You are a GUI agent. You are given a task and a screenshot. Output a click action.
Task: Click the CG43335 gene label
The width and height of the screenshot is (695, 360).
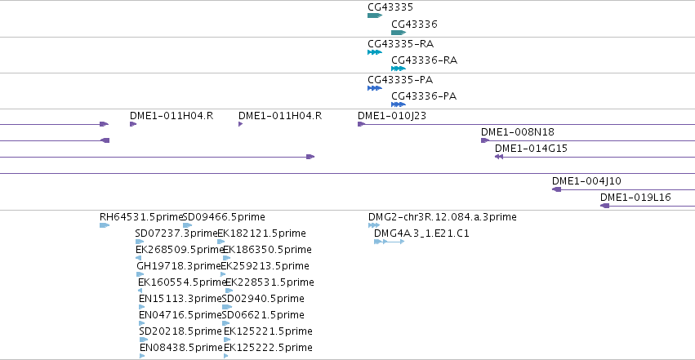[390, 7]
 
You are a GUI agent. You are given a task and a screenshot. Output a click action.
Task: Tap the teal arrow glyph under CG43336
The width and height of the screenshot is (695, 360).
[399, 33]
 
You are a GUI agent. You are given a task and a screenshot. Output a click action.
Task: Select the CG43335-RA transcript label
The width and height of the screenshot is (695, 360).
[401, 44]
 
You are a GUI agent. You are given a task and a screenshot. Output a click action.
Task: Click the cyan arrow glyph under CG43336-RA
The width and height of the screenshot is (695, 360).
[399, 69]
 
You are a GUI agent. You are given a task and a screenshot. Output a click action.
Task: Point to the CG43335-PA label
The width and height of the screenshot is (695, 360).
[400, 80]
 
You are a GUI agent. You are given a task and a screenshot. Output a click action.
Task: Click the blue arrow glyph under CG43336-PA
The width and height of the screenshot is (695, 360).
[399, 104]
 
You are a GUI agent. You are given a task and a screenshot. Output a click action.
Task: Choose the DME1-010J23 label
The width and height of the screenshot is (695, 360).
[392, 116]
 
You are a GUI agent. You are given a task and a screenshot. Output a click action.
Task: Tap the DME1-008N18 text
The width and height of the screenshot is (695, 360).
[517, 132]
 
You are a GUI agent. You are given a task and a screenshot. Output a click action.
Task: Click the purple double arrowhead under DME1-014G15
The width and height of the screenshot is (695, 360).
[499, 157]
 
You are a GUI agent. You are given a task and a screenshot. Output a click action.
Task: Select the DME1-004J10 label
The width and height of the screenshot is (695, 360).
[586, 181]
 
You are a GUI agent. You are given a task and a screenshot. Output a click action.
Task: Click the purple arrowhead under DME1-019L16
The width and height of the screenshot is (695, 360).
[604, 206]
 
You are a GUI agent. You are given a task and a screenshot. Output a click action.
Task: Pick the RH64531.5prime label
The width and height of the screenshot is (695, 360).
[141, 217]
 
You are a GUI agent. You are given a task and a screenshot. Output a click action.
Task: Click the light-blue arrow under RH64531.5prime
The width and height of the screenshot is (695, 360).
[105, 225]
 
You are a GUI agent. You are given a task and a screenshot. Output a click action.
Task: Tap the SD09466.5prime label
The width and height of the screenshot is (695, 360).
[224, 217]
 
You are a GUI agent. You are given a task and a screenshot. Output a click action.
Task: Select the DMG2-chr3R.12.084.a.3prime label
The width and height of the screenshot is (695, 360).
[443, 217]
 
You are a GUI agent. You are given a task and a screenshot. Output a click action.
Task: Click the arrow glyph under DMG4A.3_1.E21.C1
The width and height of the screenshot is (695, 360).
[390, 242]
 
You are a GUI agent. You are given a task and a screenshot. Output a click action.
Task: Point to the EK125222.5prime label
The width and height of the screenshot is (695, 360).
[268, 348]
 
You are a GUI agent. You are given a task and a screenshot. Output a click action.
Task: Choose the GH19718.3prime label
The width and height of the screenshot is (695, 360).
[179, 266]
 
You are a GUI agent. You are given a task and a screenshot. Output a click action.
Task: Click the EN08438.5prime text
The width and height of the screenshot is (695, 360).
[180, 348]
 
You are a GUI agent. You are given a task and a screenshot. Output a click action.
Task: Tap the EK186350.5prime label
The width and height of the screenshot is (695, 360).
[267, 250]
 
